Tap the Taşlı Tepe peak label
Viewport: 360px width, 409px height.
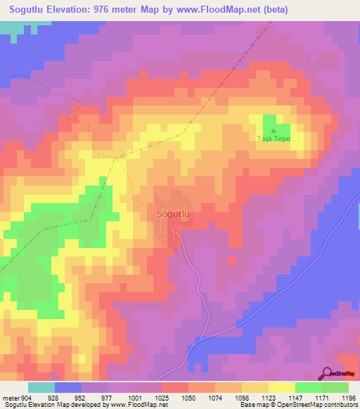point(274,138)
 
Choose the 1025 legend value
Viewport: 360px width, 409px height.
point(162,398)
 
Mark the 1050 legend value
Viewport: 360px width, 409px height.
point(188,398)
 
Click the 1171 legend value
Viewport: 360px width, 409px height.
point(321,398)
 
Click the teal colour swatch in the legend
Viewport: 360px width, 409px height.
point(41,387)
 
